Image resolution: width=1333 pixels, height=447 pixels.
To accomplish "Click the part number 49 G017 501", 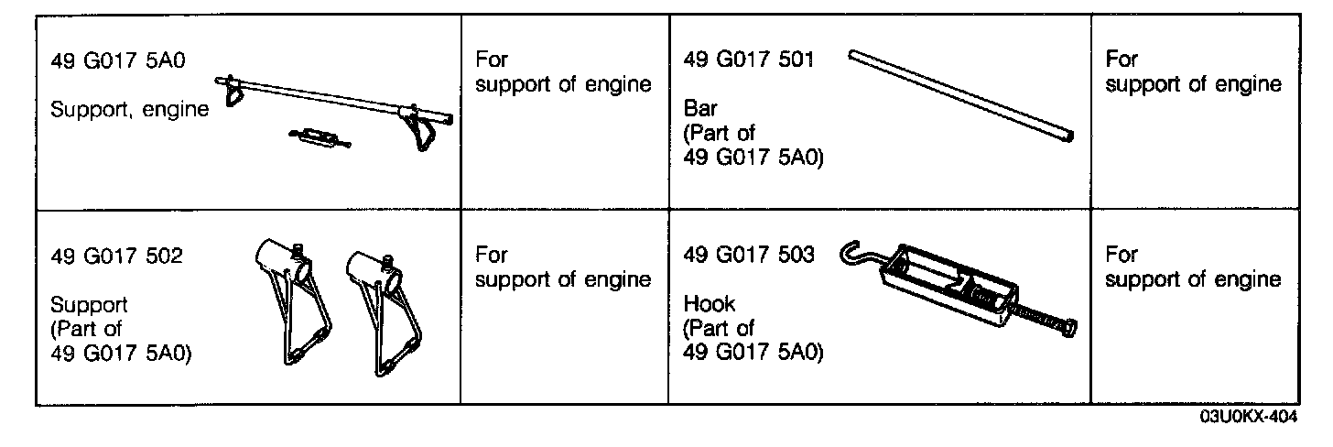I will (x=748, y=61).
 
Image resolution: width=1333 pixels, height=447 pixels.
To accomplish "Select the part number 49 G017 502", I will (x=116, y=256).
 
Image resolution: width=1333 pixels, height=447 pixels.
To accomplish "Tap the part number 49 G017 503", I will (x=748, y=256).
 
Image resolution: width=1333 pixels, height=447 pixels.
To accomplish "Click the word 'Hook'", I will (x=710, y=303).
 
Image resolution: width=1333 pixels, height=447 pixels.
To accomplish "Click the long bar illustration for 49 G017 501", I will (x=961, y=94).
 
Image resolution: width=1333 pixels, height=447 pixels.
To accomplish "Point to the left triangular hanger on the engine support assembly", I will (x=233, y=92).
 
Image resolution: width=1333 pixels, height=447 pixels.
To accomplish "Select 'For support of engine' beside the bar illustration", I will (x=1192, y=72).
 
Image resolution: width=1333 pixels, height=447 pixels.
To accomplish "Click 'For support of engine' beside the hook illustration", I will (x=1192, y=267).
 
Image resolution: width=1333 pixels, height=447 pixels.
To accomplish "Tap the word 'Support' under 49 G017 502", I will (x=89, y=304).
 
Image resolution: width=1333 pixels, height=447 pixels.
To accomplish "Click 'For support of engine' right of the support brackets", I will (x=563, y=267).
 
